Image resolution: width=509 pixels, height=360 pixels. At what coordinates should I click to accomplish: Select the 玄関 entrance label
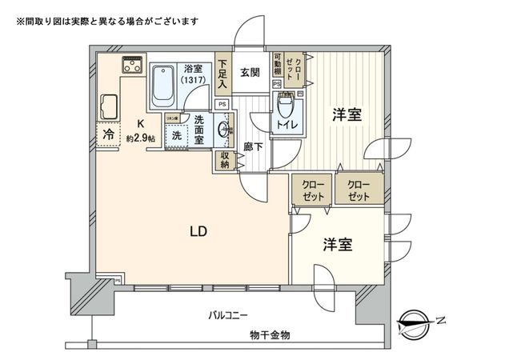coord(248,72)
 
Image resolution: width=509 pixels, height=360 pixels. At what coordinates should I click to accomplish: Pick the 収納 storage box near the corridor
coord(222,160)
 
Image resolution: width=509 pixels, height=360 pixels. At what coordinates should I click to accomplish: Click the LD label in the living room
coord(198,232)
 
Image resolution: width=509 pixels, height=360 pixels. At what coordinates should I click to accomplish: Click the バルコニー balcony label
coord(229,314)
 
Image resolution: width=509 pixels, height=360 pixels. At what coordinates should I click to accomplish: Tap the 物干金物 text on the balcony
coord(270,334)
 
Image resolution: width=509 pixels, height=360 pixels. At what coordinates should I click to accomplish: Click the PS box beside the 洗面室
coord(222,104)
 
